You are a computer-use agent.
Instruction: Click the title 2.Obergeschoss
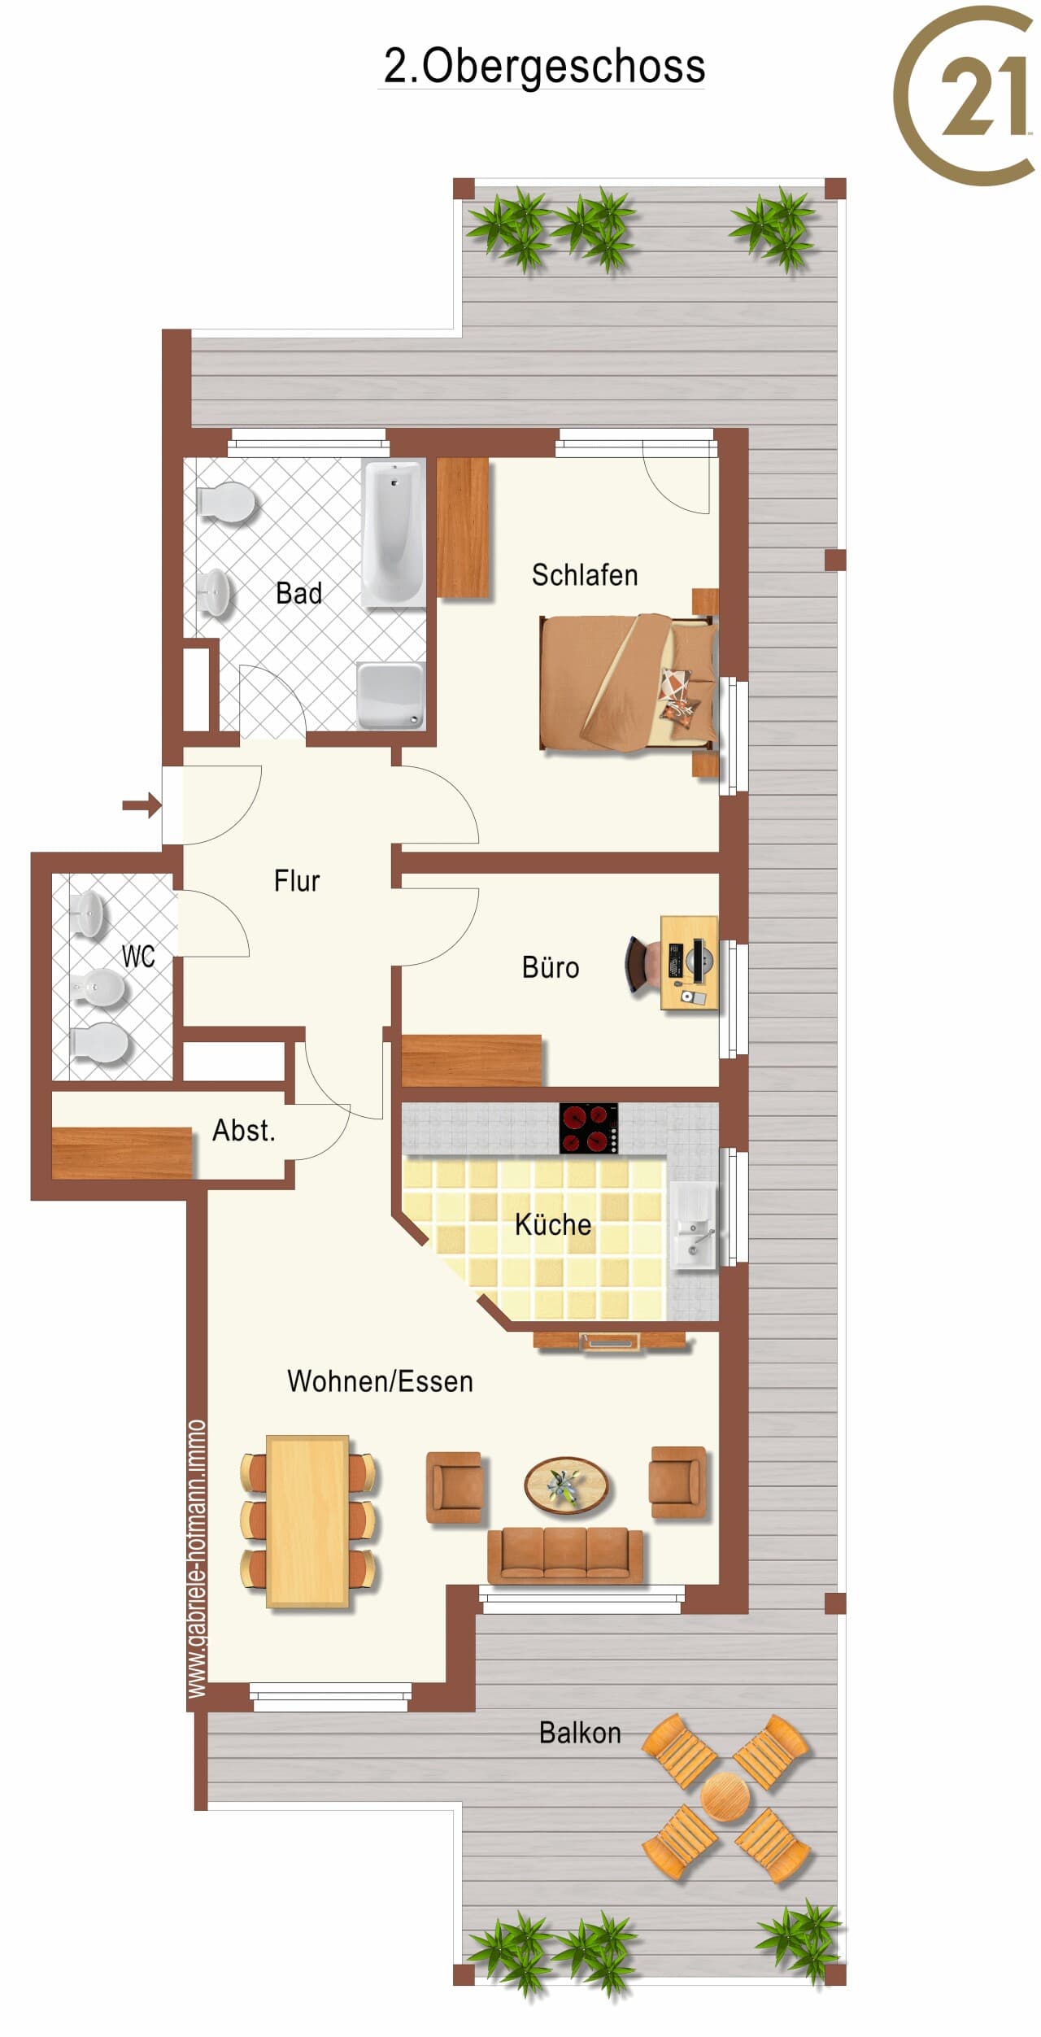(x=544, y=67)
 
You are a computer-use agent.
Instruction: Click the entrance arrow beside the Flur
(x=142, y=805)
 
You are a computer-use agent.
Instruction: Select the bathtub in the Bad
(x=394, y=534)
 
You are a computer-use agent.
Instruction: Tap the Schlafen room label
(x=585, y=575)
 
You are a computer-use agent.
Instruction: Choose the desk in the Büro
(x=689, y=963)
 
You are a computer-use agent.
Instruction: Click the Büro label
(x=551, y=967)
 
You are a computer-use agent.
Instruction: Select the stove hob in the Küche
(x=589, y=1128)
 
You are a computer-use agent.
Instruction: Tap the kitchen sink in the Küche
(x=694, y=1225)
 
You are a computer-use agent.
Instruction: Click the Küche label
(x=553, y=1224)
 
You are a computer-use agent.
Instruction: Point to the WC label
(x=138, y=957)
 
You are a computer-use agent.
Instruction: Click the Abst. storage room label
(x=244, y=1131)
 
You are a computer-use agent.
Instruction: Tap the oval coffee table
(x=566, y=1485)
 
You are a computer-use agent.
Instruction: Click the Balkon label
(x=580, y=1733)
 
